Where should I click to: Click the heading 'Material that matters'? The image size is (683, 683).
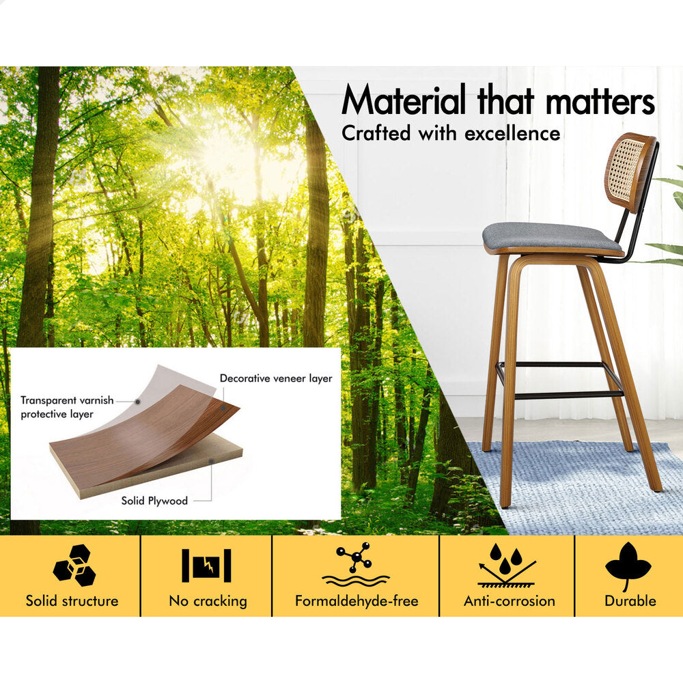point(498,100)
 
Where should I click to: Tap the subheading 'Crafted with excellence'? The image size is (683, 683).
point(451,133)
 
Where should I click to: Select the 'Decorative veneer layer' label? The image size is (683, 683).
point(276,378)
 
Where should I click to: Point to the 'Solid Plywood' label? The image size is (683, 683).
point(154,501)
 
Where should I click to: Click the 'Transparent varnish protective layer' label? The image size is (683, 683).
point(67,407)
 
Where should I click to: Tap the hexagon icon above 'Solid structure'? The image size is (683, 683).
point(74,565)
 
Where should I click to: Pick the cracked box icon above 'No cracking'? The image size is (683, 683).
point(206,566)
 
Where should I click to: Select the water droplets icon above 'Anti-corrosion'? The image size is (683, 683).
point(507,565)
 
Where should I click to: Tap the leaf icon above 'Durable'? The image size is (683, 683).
point(628,565)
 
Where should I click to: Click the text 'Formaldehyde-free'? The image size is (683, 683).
point(357,601)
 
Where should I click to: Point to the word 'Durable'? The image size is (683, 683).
point(630,601)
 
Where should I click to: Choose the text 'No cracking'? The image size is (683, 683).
point(208,601)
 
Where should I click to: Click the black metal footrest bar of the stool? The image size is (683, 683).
point(561,380)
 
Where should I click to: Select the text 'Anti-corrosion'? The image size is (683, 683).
point(510,601)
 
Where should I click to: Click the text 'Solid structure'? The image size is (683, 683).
point(72,601)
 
